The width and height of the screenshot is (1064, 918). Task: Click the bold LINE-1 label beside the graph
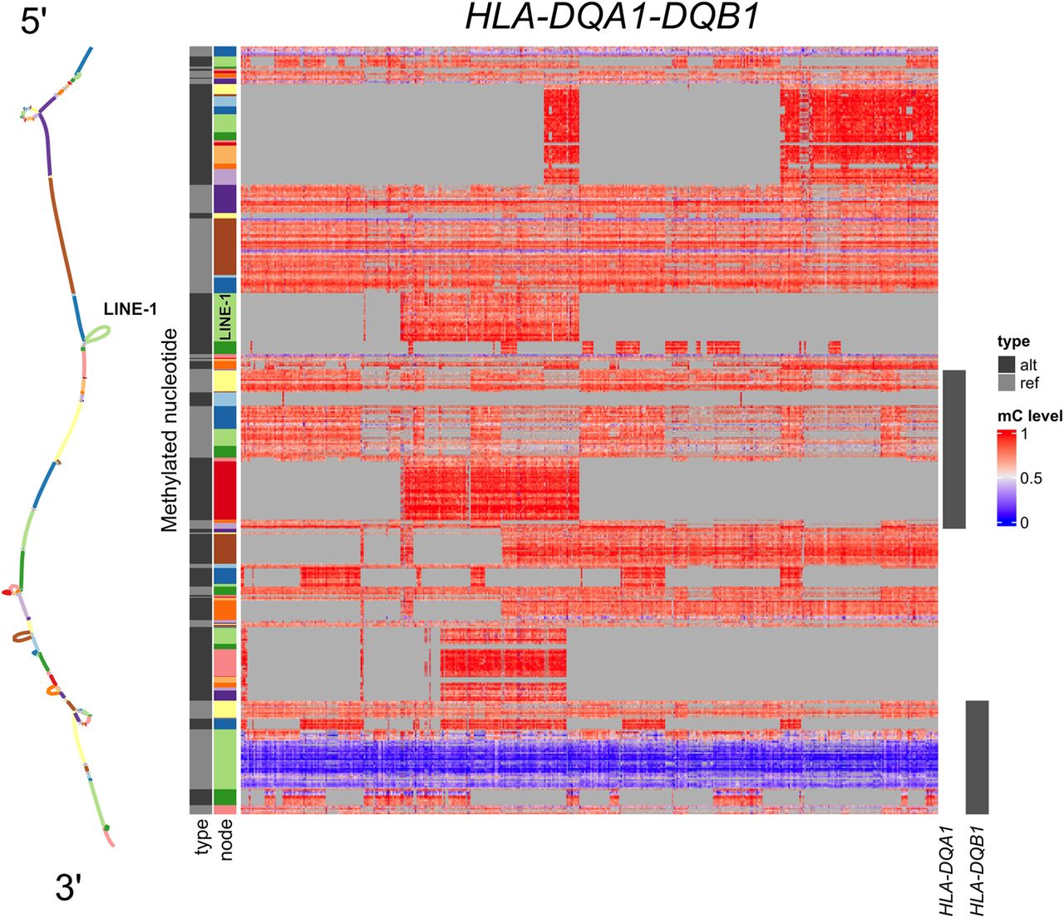pos(131,309)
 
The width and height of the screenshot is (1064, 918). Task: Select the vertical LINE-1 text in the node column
pos(224,319)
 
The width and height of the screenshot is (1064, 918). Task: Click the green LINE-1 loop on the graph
pos(99,334)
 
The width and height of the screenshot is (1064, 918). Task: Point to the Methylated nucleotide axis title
pos(170,430)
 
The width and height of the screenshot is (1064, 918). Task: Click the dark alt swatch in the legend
pos(1007,365)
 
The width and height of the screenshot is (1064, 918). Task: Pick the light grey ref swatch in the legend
pos(1007,383)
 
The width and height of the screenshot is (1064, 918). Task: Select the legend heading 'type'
pos(1013,341)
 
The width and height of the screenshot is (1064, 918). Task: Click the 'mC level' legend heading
pos(1030,415)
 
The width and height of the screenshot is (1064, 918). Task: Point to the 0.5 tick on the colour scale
pos(1031,479)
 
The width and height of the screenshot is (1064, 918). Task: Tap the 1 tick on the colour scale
pos(1024,434)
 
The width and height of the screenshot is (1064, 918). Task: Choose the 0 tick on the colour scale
pos(1024,523)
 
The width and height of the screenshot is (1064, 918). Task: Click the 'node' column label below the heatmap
pos(226,840)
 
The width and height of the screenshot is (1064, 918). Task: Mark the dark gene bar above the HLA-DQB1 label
pos(977,757)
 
